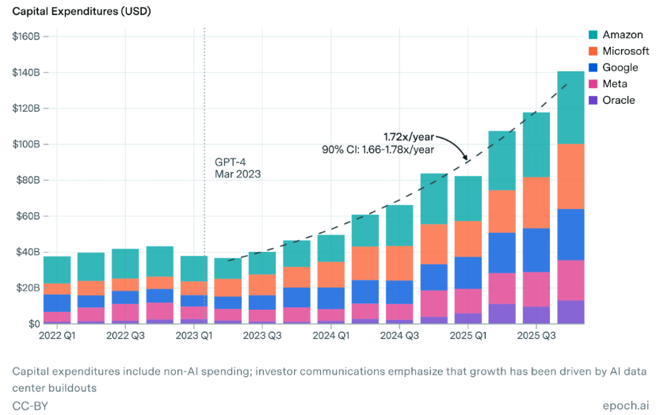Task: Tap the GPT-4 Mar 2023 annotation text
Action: pos(238,167)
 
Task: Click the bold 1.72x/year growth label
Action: pos(405,137)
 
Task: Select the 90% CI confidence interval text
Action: pos(377,149)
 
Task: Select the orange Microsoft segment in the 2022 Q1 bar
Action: pos(57,289)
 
